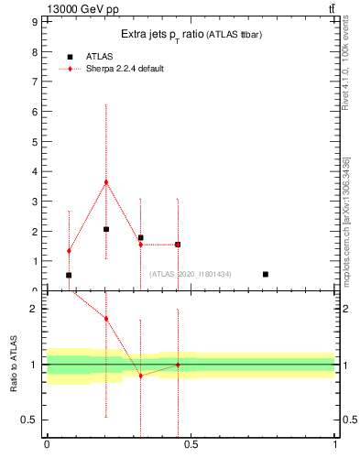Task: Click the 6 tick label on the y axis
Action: (x=35, y=112)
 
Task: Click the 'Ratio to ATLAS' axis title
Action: (x=14, y=365)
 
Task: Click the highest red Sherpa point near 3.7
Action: (x=106, y=181)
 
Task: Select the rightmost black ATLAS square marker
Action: (x=266, y=274)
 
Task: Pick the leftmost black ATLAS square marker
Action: (x=69, y=275)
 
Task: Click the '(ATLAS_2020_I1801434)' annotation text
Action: (x=190, y=274)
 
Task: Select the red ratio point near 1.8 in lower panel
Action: (x=106, y=318)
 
